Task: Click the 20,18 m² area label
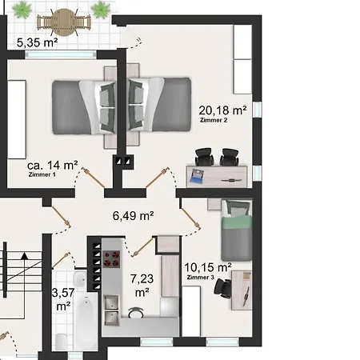pos(222,110)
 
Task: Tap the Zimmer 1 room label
pos(42,174)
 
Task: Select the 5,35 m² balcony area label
pos(37,42)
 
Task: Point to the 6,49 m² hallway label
pos(133,216)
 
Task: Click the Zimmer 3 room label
pos(201,278)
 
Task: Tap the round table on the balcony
pos(64,22)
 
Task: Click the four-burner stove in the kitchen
pos(111,259)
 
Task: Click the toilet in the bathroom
pos(62,342)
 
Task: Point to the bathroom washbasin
pos(79,279)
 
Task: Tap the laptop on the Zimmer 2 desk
pos(197,176)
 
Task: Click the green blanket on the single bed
pos(237,222)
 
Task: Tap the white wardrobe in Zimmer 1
pos(17,119)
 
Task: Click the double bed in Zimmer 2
pos(159,105)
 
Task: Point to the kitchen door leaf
pos(142,247)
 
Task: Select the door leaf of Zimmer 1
pos(93,178)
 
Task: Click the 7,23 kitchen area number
pos(142,279)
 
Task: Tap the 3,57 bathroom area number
pos(63,293)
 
